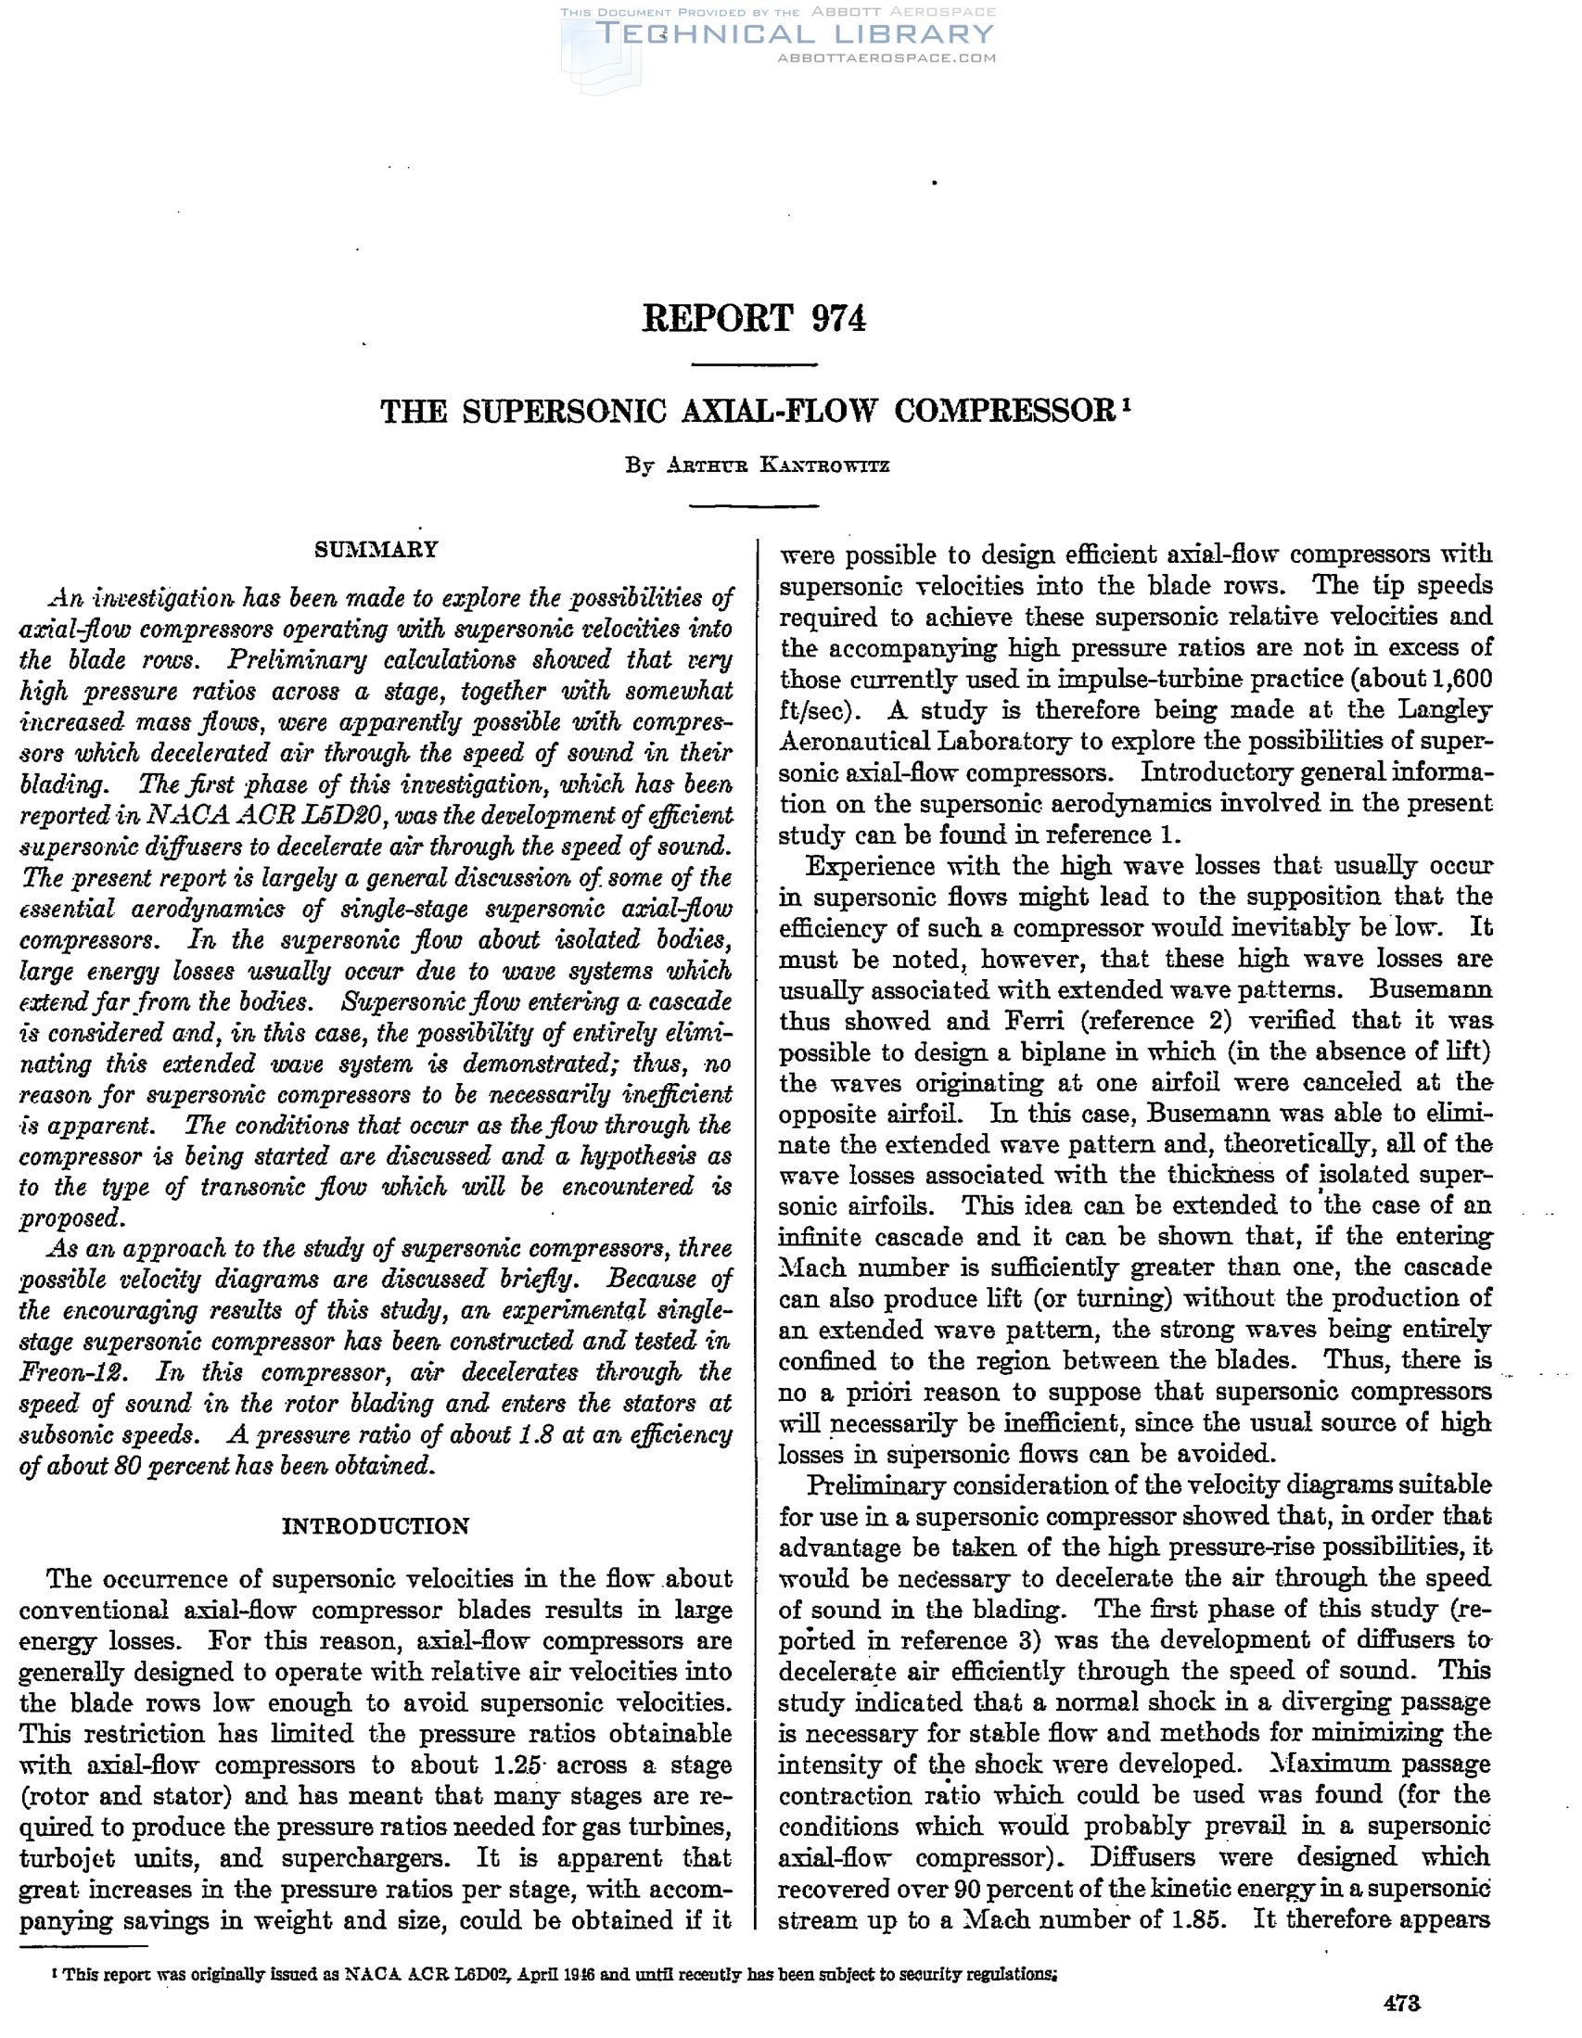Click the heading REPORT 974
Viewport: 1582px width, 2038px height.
[x=754, y=318]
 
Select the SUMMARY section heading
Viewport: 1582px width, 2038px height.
[x=376, y=550]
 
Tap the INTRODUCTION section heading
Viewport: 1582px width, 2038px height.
[x=376, y=1525]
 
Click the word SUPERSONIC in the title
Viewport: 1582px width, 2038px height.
[x=564, y=412]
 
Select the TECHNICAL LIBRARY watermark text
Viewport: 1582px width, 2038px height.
[x=796, y=34]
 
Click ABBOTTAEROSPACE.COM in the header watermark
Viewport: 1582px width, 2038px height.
[x=887, y=57]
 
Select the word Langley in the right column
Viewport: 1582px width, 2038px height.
[x=1445, y=709]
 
